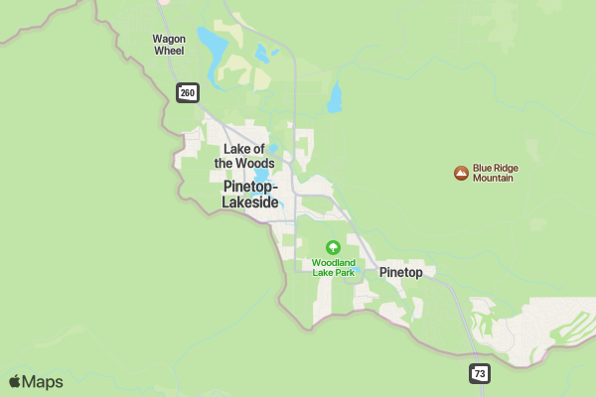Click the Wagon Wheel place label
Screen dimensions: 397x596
pyautogui.click(x=169, y=45)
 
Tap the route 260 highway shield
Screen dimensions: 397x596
pyautogui.click(x=188, y=93)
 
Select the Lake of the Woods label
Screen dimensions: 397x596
pyautogui.click(x=243, y=156)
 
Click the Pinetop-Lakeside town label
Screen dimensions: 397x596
pyautogui.click(x=250, y=194)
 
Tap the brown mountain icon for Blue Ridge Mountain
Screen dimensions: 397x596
pyautogui.click(x=461, y=174)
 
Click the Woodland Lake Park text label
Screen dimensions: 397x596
pyautogui.click(x=333, y=267)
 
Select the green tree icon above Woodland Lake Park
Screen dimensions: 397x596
pyautogui.click(x=333, y=247)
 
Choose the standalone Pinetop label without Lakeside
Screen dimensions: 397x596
pyautogui.click(x=400, y=272)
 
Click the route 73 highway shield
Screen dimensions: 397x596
pyautogui.click(x=480, y=373)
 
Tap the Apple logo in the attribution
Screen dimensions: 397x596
pyautogui.click(x=14, y=382)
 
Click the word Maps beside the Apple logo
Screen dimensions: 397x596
pyautogui.click(x=43, y=382)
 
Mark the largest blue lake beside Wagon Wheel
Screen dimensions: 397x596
pyautogui.click(x=212, y=45)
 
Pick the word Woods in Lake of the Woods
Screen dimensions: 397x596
pyautogui.click(x=256, y=163)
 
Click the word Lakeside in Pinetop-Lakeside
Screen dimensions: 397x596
pyautogui.click(x=250, y=201)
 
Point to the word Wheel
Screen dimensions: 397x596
pyautogui.click(x=169, y=51)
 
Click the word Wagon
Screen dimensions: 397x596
pyautogui.click(x=169, y=39)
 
